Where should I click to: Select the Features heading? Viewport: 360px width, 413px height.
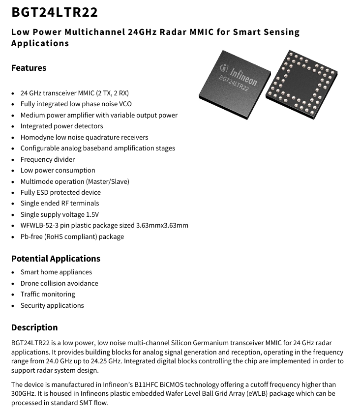coord(29,68)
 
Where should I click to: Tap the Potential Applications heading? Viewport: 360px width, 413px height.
coord(56,259)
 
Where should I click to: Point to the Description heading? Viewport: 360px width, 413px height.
coord(34,327)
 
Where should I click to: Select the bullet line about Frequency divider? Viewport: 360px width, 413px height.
coord(47,159)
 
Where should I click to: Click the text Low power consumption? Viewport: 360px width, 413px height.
coord(58,170)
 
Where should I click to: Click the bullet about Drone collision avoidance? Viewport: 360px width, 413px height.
coord(59,283)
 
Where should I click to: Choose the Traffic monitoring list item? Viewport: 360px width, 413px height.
coord(48,295)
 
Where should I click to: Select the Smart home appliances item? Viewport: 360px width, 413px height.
coord(56,272)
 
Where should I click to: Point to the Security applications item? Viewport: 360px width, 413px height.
coord(52,306)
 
